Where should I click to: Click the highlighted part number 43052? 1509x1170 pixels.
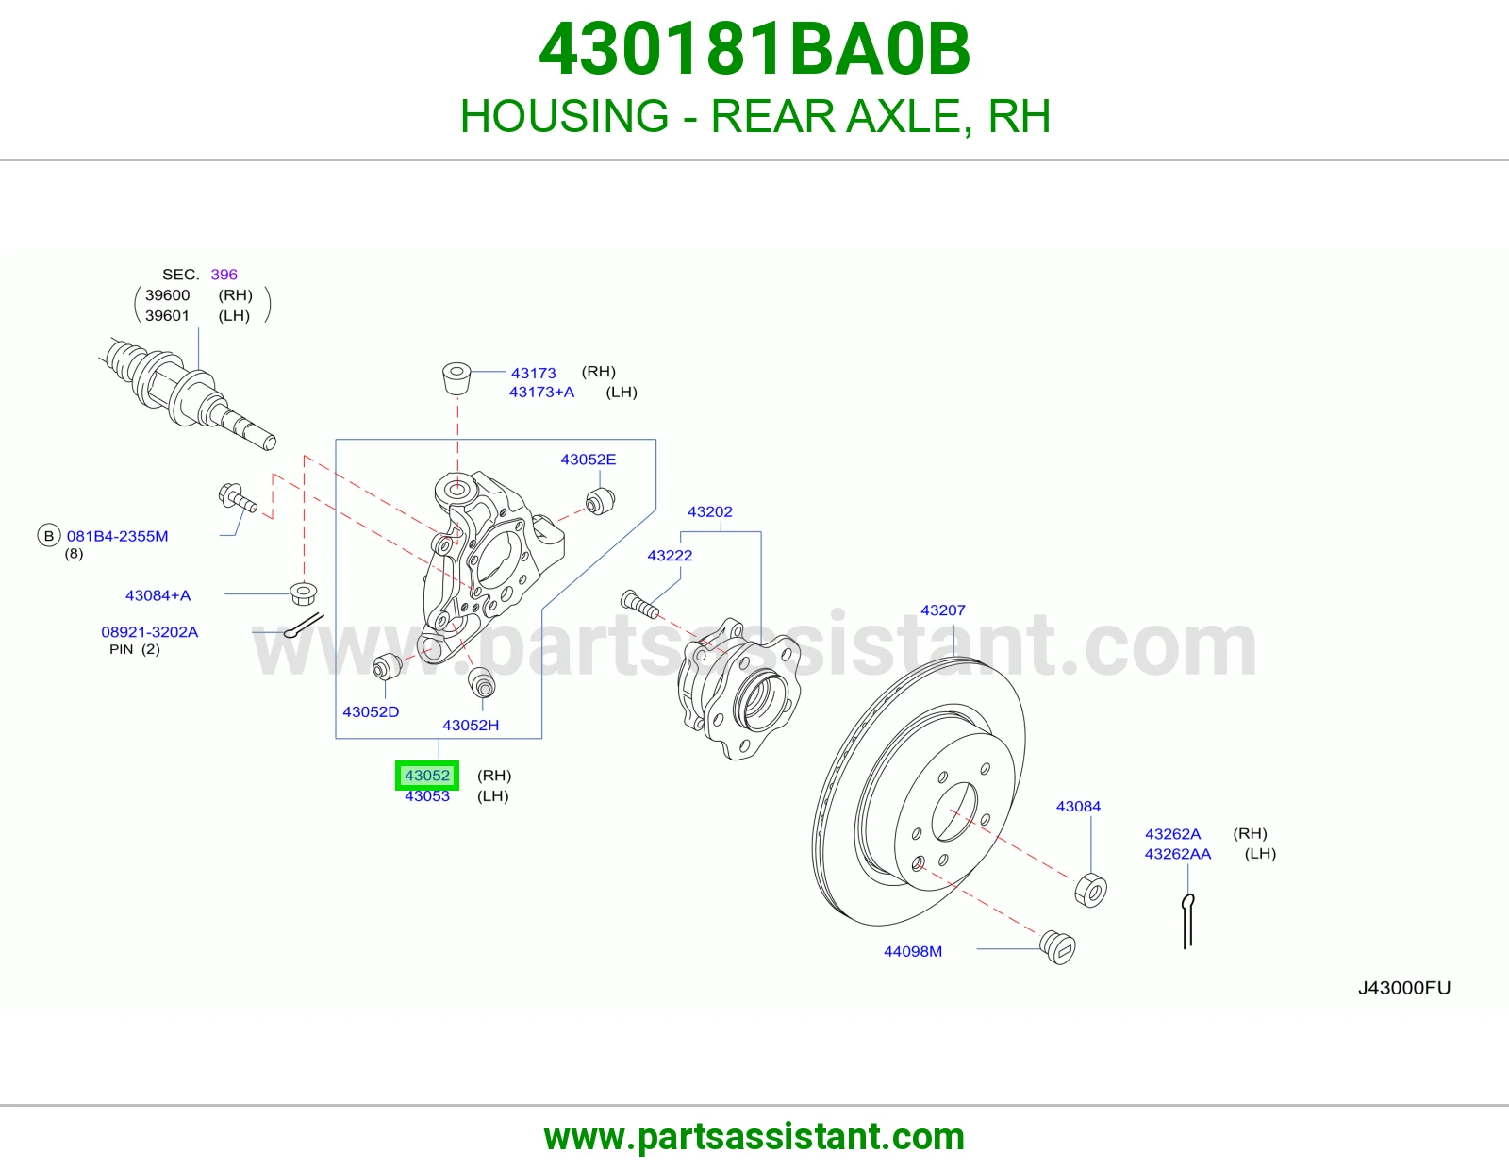click(x=427, y=776)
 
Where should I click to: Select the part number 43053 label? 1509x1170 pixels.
click(x=427, y=796)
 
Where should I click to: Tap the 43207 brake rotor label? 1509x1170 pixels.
click(x=942, y=610)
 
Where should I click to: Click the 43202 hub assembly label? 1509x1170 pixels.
click(x=710, y=511)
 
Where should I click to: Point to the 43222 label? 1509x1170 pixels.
click(x=670, y=555)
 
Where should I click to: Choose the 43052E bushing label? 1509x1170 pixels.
click(x=589, y=460)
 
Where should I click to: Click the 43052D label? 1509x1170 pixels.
click(x=371, y=711)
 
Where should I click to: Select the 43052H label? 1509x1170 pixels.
click(x=471, y=726)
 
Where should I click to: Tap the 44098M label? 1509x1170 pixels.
click(x=913, y=951)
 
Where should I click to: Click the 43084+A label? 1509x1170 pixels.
click(x=158, y=595)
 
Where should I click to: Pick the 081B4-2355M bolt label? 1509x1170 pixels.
click(x=117, y=536)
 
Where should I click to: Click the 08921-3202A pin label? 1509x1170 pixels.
click(x=150, y=631)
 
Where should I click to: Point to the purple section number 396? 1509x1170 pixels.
click(x=224, y=275)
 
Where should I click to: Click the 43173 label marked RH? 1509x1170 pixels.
click(x=533, y=373)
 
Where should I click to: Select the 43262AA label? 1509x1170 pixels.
click(x=1178, y=854)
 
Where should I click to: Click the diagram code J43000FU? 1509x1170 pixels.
click(x=1404, y=987)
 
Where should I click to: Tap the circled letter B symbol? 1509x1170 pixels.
click(x=49, y=536)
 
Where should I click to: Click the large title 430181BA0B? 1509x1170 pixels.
click(x=754, y=49)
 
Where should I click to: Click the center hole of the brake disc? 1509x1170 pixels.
click(x=953, y=811)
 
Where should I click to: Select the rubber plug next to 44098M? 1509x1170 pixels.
click(x=1057, y=947)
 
